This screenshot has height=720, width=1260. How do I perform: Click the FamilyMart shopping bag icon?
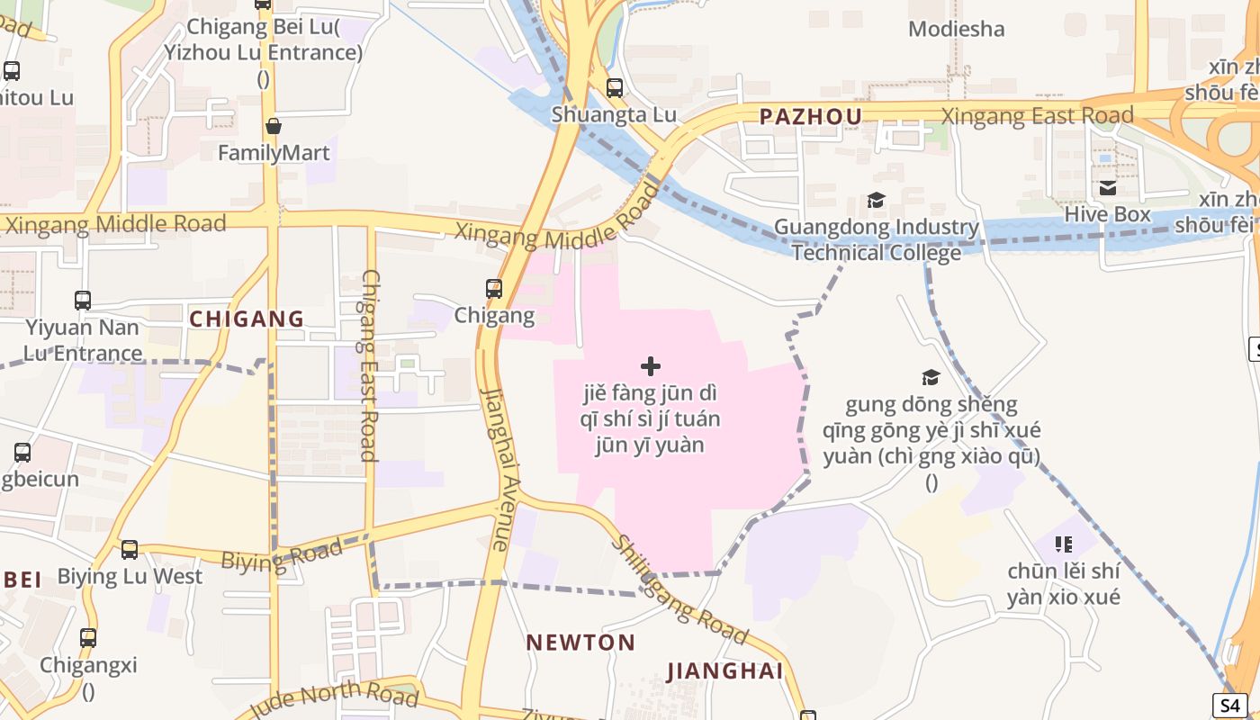[274, 126]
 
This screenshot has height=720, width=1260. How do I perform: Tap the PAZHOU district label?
[810, 116]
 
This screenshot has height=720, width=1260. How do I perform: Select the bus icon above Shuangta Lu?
[615, 88]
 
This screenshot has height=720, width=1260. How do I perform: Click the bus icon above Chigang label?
[494, 289]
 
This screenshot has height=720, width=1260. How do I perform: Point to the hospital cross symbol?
[650, 366]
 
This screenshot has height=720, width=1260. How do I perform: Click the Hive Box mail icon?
[1108, 187]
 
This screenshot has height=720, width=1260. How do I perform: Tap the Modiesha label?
[956, 29]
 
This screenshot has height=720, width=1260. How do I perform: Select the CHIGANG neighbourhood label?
[247, 319]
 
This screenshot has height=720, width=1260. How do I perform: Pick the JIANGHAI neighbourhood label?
[724, 671]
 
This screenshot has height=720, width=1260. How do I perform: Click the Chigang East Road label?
[369, 364]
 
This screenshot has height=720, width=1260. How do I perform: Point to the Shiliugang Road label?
[679, 590]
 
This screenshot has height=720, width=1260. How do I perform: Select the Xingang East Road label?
[1037, 116]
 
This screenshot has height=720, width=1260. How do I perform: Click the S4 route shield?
[1229, 706]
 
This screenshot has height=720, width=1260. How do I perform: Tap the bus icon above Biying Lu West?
[130, 550]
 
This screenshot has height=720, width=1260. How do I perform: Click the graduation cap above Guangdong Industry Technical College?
[876, 201]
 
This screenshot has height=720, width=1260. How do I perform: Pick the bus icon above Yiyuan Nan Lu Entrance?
[83, 301]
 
